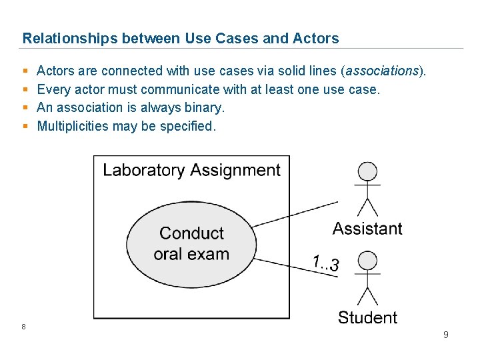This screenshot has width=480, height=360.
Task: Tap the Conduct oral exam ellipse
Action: [x=191, y=243]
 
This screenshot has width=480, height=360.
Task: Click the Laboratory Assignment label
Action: [x=191, y=170]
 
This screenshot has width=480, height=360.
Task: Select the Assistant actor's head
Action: [x=367, y=171]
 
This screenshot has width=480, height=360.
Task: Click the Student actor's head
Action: [x=367, y=261]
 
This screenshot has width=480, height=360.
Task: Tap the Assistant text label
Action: [x=367, y=229]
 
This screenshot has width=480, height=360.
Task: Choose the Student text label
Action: [x=367, y=317]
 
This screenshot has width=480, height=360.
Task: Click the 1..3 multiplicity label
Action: [x=326, y=263]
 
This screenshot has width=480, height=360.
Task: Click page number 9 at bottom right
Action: [x=446, y=335]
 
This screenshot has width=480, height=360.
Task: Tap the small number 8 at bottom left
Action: [x=23, y=326]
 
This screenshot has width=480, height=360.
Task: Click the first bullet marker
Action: [x=25, y=71]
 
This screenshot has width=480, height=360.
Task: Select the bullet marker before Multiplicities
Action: [x=25, y=126]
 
